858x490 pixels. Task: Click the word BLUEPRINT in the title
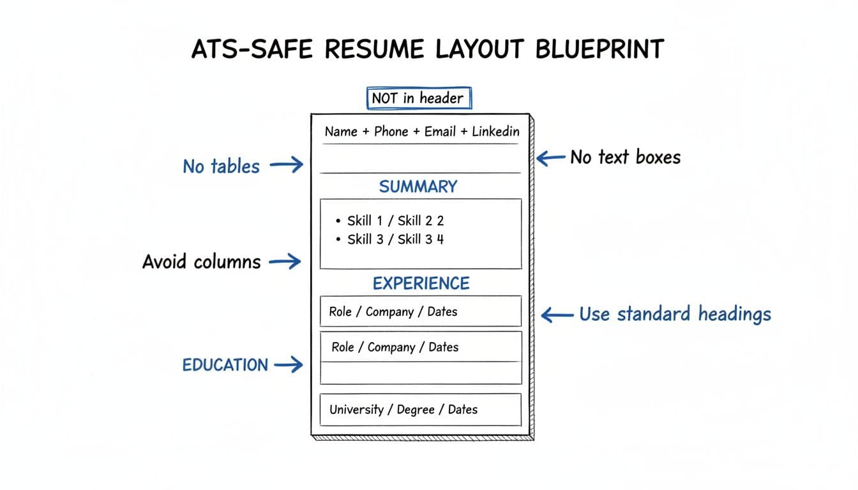[x=599, y=49]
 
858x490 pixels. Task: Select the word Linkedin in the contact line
[x=495, y=131]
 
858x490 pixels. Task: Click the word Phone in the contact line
[x=391, y=131]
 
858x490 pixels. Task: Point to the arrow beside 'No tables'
[x=286, y=166]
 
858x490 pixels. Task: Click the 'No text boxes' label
[x=625, y=157]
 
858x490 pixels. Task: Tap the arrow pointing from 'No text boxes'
[x=551, y=157]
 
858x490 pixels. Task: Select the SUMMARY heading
[x=418, y=187]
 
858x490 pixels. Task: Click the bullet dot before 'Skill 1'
[x=338, y=221]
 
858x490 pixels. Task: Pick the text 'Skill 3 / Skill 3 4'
[x=395, y=239]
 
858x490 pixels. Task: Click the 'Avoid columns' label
[x=201, y=262]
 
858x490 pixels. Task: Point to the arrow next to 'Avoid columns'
[x=285, y=261]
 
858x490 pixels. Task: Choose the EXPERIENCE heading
[x=421, y=283]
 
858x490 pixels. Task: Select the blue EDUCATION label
[x=225, y=365]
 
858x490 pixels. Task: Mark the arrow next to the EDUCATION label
[x=288, y=365]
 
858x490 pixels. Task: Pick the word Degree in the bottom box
[x=416, y=410]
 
